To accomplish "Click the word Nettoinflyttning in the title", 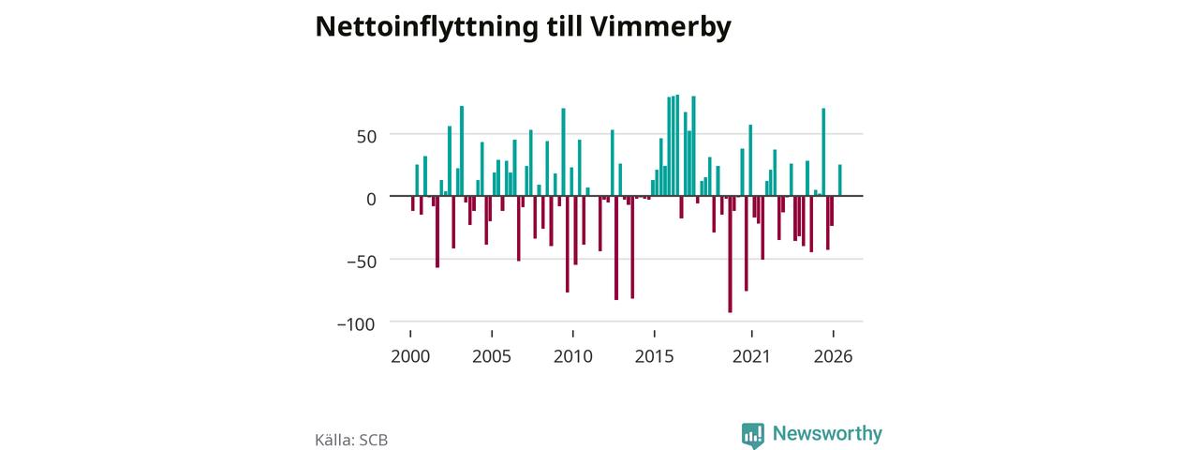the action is click(426, 27).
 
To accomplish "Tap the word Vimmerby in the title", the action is click(660, 27).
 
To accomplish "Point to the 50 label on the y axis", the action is click(366, 137).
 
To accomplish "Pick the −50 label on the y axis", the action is click(362, 262).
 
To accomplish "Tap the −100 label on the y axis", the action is click(356, 324).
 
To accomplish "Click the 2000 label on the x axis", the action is click(410, 357).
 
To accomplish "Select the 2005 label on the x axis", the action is click(492, 357).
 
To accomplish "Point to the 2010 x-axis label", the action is click(572, 357).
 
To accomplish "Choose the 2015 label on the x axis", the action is click(654, 357).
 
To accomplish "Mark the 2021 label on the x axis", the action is click(751, 357).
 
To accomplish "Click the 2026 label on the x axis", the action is click(833, 357).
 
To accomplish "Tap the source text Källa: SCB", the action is click(351, 440).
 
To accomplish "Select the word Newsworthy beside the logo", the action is click(827, 433).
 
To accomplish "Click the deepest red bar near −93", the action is click(730, 254).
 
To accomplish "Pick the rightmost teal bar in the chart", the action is click(840, 181).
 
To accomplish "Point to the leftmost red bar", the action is click(413, 203).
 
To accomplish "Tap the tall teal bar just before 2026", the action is click(823, 152).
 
